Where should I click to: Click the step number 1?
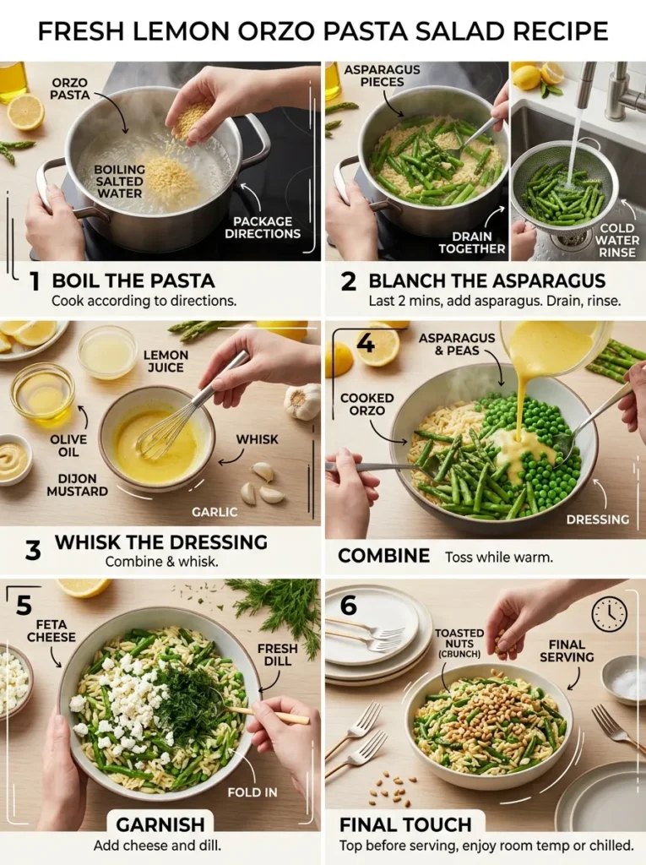[x=34, y=282]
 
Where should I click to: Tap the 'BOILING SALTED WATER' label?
[x=119, y=182]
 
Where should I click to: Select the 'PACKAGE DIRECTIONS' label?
[x=262, y=228]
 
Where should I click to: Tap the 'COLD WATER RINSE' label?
[x=616, y=240]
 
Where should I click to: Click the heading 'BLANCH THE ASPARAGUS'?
[x=486, y=281]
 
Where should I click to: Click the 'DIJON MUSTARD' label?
[x=77, y=485]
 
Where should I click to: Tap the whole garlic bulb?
[x=302, y=400]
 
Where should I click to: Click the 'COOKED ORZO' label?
[x=368, y=404]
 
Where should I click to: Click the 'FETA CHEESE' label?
[x=51, y=630]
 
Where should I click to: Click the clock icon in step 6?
[x=610, y=614]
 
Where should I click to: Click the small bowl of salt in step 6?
[x=624, y=680]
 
